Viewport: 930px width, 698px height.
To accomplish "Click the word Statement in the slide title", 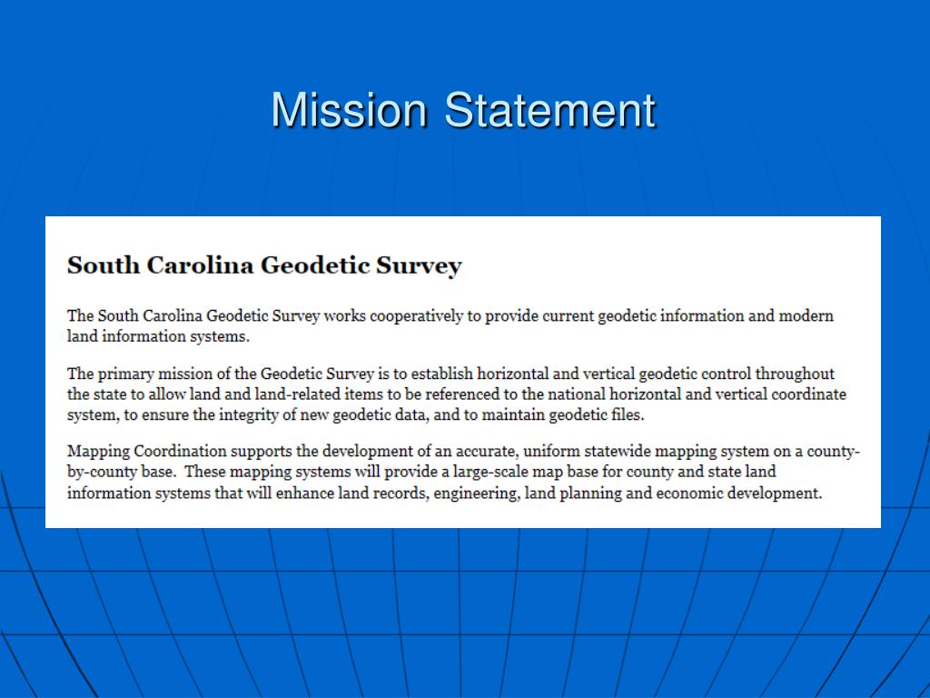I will [x=549, y=111].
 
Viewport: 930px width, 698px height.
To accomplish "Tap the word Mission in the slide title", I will [x=349, y=111].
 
